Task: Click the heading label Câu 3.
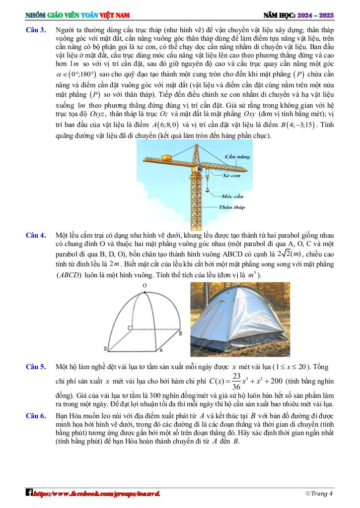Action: pos(36,30)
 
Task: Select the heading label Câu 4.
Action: pos(36,235)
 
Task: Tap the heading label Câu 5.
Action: pos(36,367)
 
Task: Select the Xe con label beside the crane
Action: pos(231,175)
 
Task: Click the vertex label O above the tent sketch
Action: pos(144,286)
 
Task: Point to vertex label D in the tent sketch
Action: pos(105,348)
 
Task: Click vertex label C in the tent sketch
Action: pos(129,328)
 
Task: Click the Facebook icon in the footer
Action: pos(30,493)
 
